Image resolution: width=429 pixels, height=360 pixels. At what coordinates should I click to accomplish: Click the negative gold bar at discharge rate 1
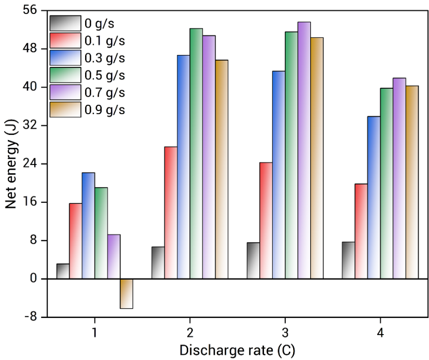point(127,294)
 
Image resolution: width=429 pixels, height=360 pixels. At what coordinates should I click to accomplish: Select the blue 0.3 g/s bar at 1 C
point(88,226)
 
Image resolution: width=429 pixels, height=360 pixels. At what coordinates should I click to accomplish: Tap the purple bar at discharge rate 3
point(304,150)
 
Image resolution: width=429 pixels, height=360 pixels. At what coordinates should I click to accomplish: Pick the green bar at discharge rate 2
point(196,154)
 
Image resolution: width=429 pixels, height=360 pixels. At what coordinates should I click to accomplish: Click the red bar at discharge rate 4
point(361,231)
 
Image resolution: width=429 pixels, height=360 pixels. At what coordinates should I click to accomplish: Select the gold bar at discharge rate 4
point(412,182)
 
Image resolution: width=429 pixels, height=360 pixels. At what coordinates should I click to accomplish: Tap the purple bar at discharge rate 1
point(114,257)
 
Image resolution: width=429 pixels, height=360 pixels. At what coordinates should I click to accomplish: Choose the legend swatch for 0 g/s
point(65,23)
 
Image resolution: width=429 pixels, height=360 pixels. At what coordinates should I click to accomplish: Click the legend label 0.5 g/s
point(105,75)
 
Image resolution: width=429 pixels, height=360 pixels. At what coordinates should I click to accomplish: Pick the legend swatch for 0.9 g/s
point(65,109)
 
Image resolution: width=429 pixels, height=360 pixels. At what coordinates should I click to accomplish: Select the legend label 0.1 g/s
point(105,40)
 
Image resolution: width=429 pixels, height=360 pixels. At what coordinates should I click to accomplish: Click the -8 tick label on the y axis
point(34,317)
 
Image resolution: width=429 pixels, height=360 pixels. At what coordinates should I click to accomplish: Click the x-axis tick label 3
point(285,333)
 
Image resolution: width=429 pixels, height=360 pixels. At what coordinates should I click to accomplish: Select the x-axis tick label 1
point(94,333)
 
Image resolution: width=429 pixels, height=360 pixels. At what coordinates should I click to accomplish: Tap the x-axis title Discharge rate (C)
point(237,350)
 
